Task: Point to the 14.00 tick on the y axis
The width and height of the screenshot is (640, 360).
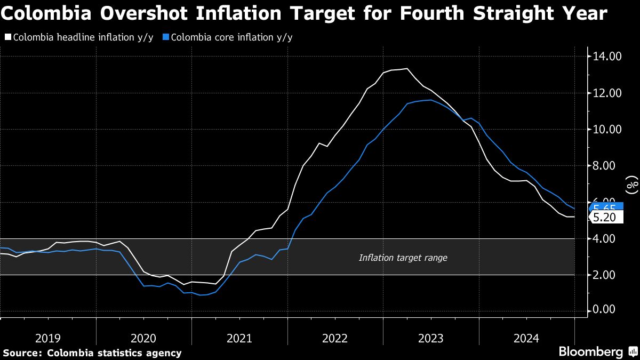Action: point(608,57)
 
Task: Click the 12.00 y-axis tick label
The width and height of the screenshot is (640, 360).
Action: point(608,93)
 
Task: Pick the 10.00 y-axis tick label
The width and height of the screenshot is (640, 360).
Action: point(608,129)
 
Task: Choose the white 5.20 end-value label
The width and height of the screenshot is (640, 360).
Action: point(604,217)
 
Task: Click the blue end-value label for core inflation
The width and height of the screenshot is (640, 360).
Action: point(604,207)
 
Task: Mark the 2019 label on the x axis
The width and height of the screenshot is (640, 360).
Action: point(48,338)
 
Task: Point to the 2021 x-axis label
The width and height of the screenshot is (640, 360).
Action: point(239,338)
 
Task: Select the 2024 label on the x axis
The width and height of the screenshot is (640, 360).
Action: point(526,338)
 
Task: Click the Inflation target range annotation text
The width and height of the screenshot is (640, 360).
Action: point(403,258)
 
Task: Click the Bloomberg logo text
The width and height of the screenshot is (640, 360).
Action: point(590,351)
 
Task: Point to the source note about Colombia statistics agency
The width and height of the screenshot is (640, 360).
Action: point(92,353)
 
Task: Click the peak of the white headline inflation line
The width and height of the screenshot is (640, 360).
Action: point(407,68)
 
